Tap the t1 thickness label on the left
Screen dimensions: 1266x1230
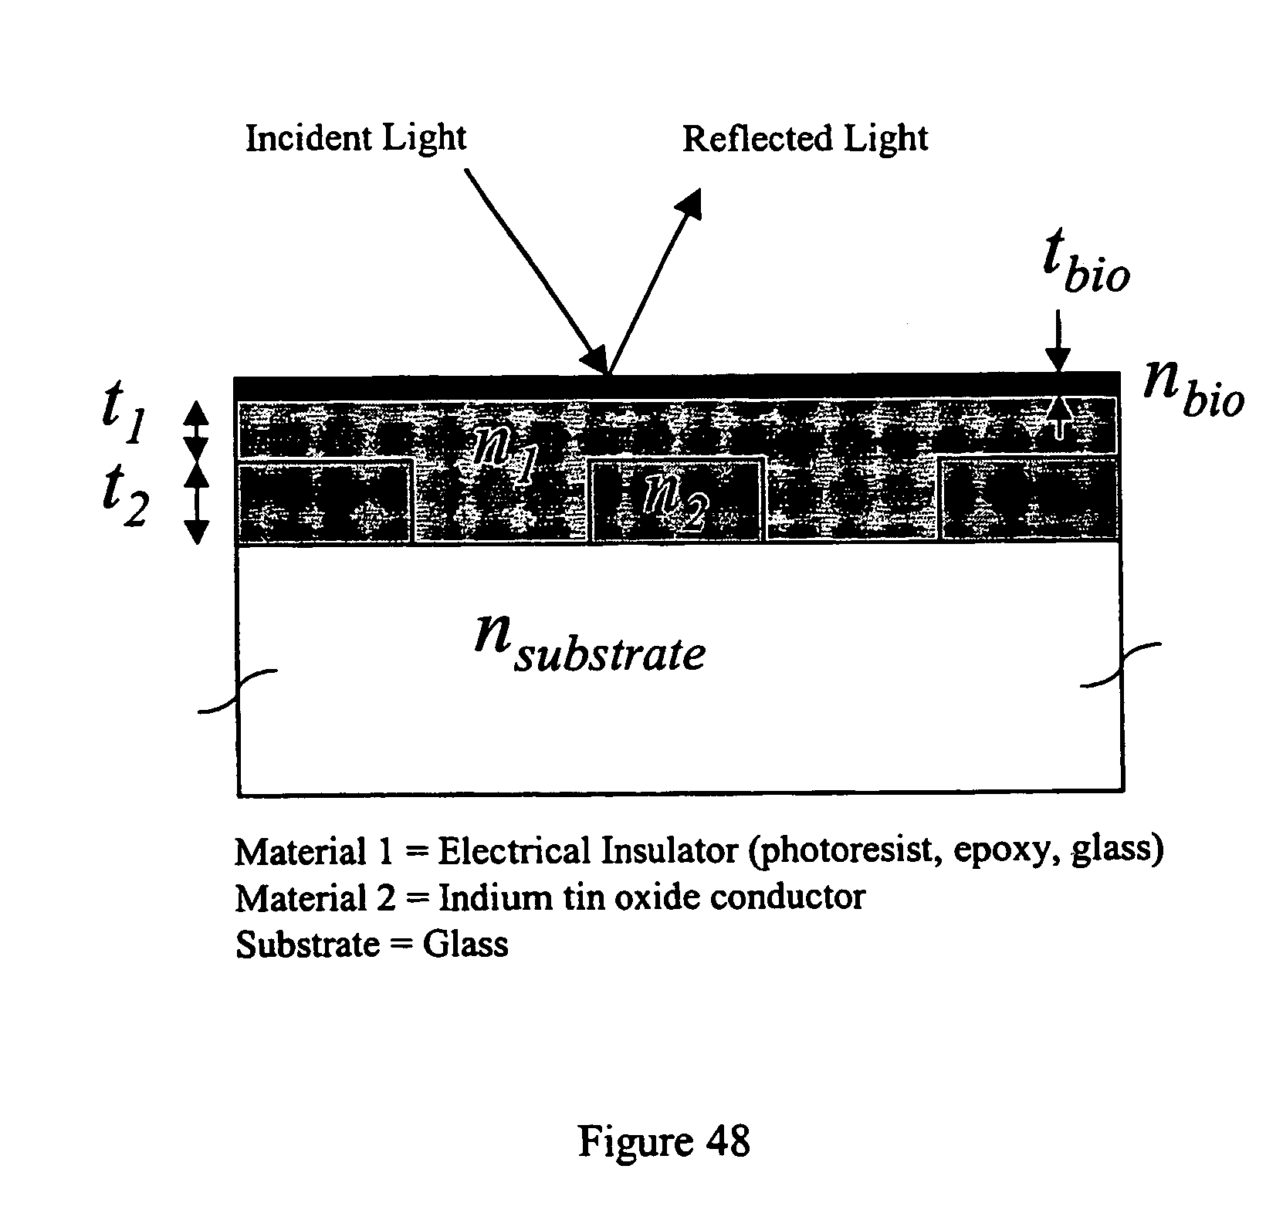click(124, 419)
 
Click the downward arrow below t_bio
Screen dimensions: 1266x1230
click(1058, 340)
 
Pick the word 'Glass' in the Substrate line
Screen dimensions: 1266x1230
click(465, 944)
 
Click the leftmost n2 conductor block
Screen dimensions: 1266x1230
click(324, 501)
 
